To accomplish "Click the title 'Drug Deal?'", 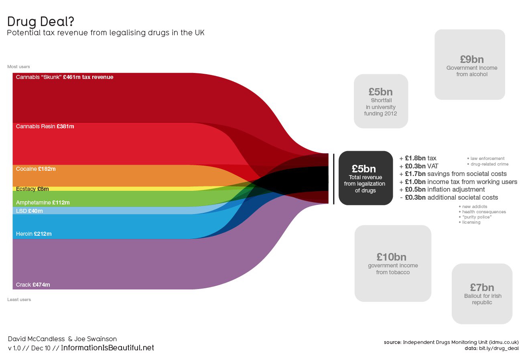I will (41, 22).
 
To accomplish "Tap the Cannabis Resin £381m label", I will (45, 126).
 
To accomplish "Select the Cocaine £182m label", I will (36, 169).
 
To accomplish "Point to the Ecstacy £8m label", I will (32, 189).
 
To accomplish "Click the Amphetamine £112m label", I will (43, 202).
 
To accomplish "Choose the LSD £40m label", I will (29, 211).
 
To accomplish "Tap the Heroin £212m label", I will (34, 234).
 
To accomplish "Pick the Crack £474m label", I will (33, 285).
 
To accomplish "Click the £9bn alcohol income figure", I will (471, 59).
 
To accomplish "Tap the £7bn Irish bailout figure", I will (482, 287).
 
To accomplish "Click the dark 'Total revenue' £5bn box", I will (366, 178).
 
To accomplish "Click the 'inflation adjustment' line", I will (445, 189).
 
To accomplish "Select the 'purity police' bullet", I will (477, 217).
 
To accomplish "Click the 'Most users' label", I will (18, 67).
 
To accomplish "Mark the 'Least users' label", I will (19, 299).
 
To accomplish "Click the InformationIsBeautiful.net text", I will (108, 348).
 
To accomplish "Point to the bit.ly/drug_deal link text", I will (499, 348).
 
